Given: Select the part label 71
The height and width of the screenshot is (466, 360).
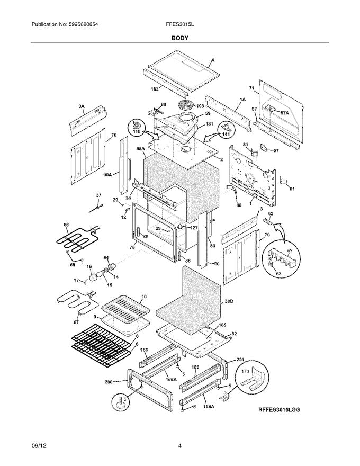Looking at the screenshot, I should [253, 88].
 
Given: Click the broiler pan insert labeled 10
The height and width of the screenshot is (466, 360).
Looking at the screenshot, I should [123, 307].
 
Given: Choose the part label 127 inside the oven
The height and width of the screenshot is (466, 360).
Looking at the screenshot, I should [193, 229].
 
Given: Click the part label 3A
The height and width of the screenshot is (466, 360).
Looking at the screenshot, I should [81, 106].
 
